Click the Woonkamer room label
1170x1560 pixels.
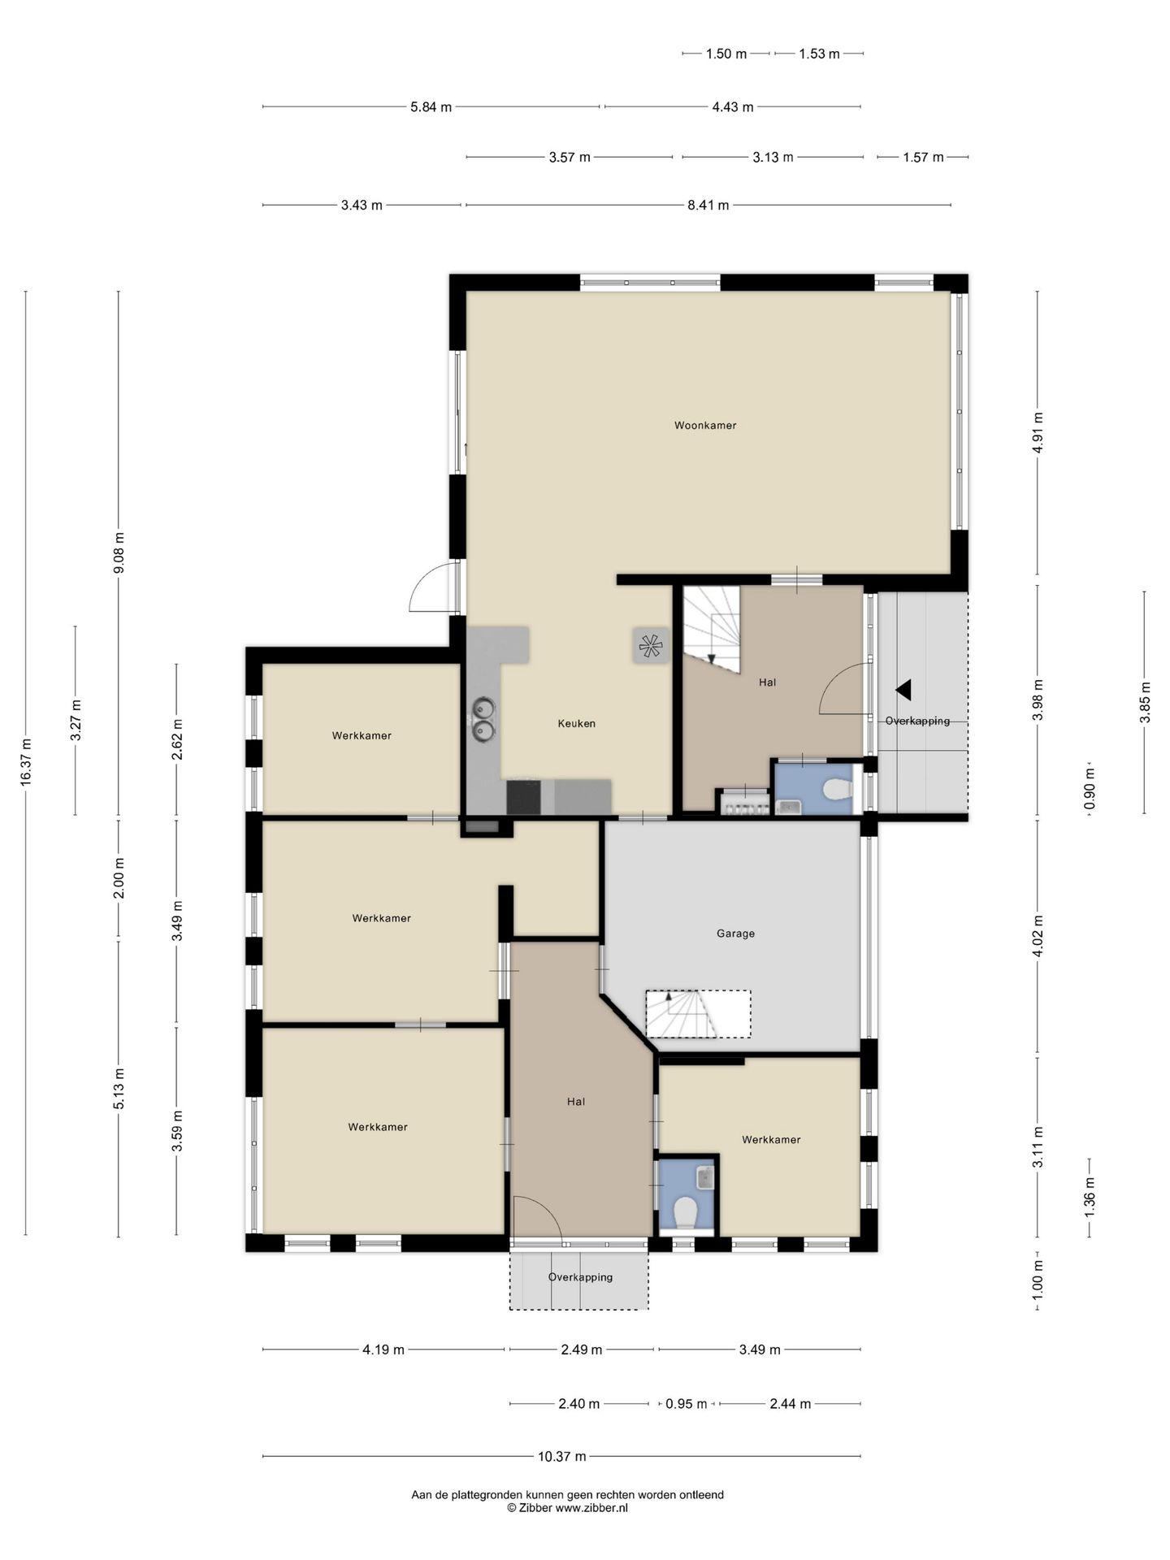[705, 426]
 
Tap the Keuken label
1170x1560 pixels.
[577, 724]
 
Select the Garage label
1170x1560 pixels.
[735, 934]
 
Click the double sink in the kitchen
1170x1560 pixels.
[483, 720]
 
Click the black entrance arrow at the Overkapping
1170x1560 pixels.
[903, 690]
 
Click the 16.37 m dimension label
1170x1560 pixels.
[26, 762]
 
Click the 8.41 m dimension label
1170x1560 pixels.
[708, 206]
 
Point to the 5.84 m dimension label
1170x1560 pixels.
[431, 107]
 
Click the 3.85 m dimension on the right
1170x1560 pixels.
[1145, 702]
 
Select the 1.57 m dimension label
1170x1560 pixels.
[923, 158]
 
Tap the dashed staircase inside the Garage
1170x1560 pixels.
[698, 1014]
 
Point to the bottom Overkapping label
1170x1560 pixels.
[580, 1277]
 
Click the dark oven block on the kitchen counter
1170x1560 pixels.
[522, 797]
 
